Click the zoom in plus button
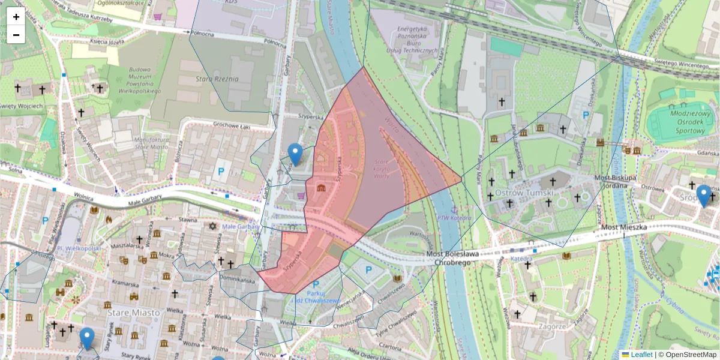coord(16,17)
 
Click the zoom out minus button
coord(16,35)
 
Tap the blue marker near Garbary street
coord(295,154)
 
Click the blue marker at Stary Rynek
coord(88,338)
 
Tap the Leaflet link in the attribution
coord(641,355)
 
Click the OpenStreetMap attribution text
coord(689,355)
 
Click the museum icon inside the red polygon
coord(322,188)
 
